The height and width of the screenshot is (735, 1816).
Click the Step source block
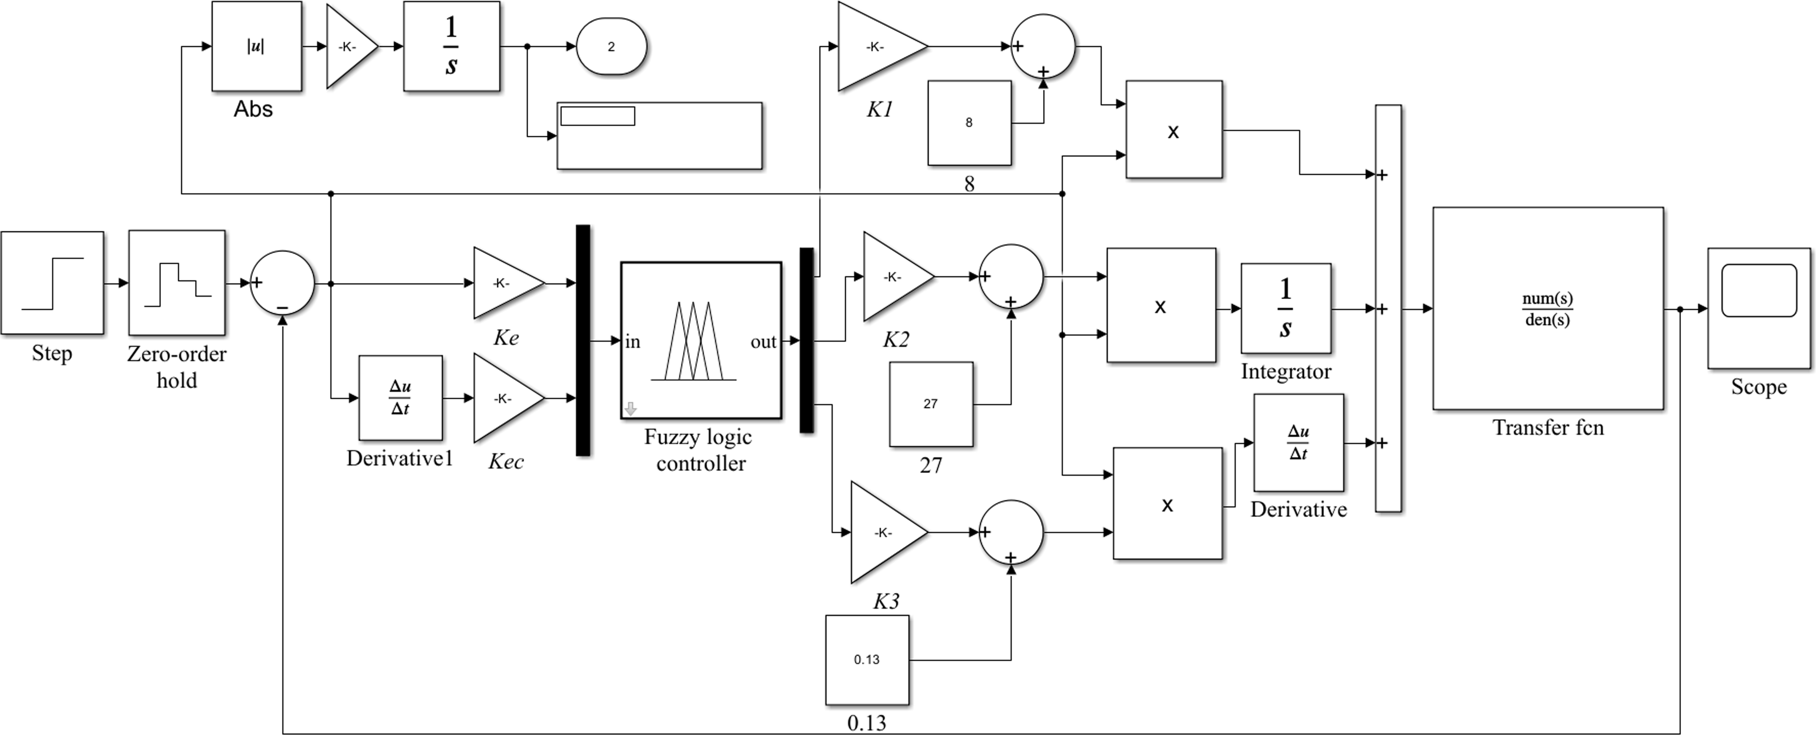point(52,283)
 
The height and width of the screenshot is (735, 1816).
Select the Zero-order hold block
point(177,283)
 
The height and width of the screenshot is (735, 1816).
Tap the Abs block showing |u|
point(257,46)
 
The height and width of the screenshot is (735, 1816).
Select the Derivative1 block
point(401,398)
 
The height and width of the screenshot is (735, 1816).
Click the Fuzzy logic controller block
point(701,341)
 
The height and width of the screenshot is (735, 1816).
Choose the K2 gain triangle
point(894,277)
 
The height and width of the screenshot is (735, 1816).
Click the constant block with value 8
point(969,123)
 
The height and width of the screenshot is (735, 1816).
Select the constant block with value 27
point(931,404)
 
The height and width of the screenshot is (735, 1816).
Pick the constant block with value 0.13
point(867,660)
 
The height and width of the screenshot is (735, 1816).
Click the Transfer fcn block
point(1547,309)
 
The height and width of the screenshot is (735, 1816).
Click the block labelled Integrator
point(1285,309)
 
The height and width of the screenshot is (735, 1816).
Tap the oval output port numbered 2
point(611,46)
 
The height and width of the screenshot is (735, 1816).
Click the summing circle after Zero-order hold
point(283,283)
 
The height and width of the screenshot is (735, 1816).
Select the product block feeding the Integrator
point(1161,306)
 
